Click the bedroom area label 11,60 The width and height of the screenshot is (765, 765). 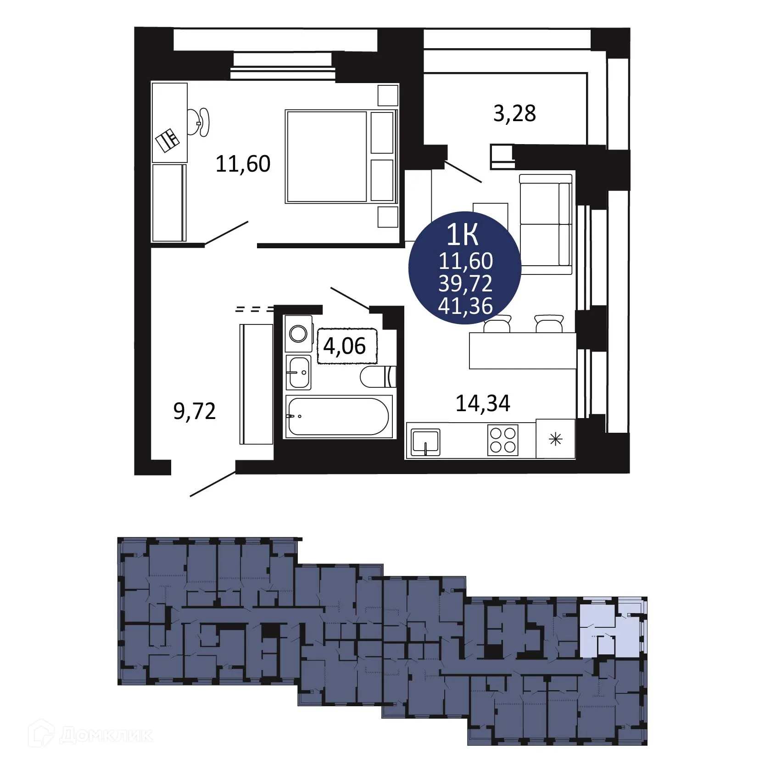[x=243, y=164]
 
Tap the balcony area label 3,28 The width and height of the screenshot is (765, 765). [x=514, y=113]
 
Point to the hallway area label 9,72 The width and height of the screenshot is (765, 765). [x=195, y=411]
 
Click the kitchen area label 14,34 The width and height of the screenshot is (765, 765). [x=483, y=403]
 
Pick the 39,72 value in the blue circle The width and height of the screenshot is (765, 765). [x=465, y=284]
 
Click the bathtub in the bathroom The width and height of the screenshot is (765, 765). [x=338, y=416]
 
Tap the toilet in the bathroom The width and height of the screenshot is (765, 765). [x=378, y=376]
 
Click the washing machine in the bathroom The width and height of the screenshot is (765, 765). [x=299, y=334]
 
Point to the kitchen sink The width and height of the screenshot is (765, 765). [x=425, y=442]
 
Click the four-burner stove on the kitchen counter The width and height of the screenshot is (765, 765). [x=503, y=440]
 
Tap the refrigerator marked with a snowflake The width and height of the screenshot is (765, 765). [x=555, y=439]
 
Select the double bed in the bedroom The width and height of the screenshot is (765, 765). [x=340, y=156]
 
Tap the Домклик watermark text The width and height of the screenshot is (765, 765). [x=106, y=736]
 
